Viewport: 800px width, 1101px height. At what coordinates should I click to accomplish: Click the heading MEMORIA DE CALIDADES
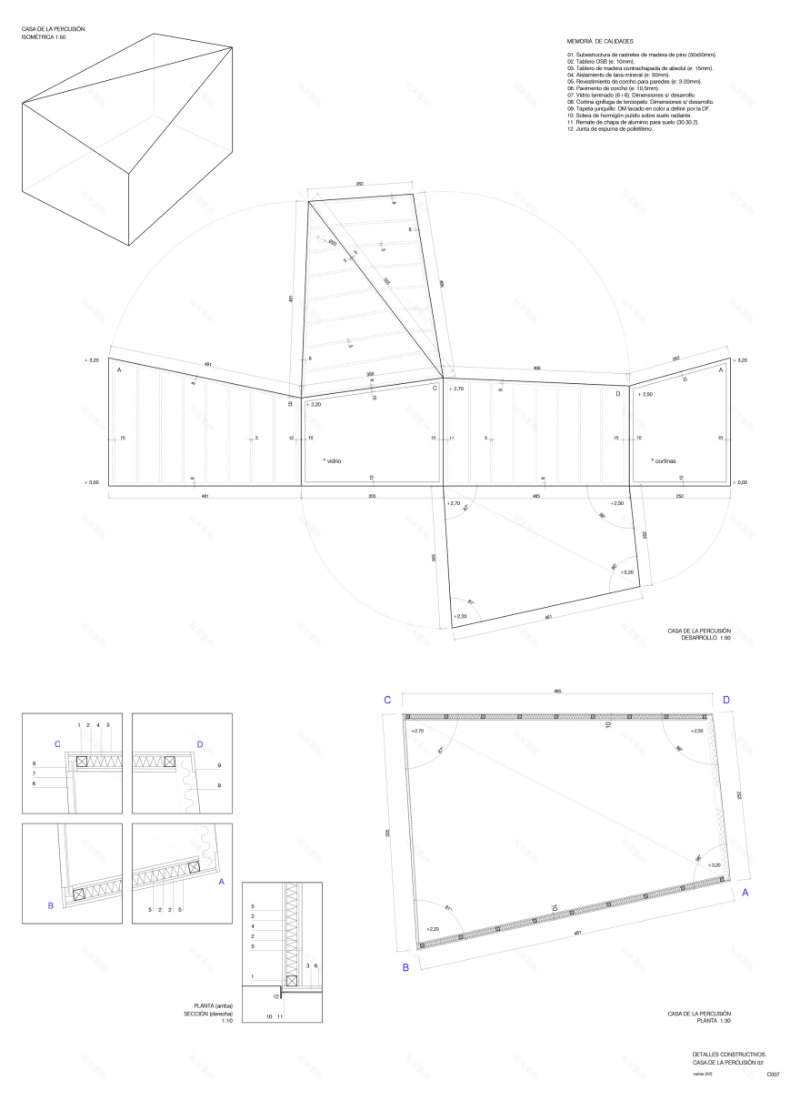pos(600,42)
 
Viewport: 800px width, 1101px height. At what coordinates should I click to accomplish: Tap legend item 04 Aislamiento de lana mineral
pos(617,75)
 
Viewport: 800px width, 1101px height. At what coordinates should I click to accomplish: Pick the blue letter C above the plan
pos(387,700)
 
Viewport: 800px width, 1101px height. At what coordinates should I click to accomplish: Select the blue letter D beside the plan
pos(725,700)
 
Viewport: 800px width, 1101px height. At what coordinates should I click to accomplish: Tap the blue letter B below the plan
pos(405,967)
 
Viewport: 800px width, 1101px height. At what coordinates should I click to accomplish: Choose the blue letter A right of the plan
pos(745,893)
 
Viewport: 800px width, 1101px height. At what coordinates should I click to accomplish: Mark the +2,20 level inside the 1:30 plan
pos(431,929)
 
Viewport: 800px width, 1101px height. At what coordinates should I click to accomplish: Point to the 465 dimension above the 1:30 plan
pos(557,692)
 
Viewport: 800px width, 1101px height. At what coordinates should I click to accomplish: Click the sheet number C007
pos(773,1075)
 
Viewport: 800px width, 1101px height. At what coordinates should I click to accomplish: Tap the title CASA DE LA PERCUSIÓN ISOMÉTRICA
pos(54,33)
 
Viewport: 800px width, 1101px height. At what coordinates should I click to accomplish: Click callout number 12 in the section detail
pos(275,997)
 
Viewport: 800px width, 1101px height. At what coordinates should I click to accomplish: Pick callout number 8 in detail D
pos(219,783)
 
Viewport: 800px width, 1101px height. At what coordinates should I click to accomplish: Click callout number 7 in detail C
pos(34,773)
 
